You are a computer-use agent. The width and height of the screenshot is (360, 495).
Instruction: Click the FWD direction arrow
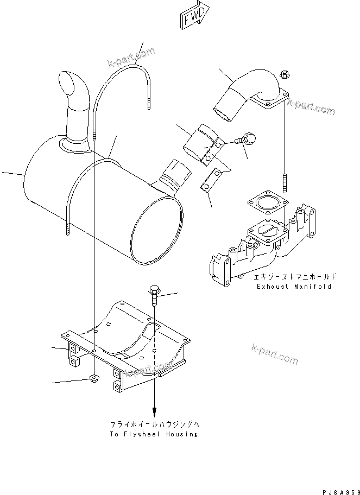[193, 17]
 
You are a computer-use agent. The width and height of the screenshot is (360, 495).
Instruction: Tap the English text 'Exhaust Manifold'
[294, 286]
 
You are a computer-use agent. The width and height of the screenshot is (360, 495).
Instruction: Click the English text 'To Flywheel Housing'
[154, 434]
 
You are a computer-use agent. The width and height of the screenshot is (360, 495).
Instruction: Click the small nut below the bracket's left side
[93, 378]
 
